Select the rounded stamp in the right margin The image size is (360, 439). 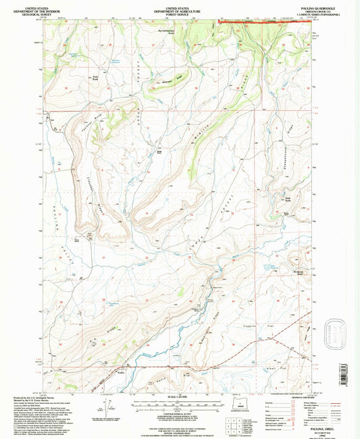click(335, 333)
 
